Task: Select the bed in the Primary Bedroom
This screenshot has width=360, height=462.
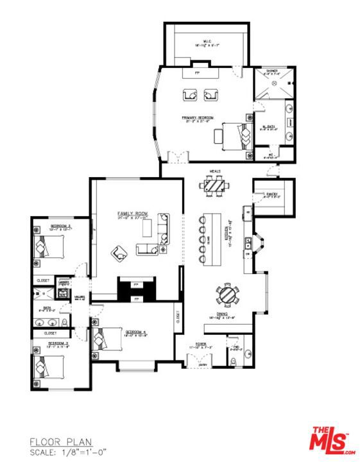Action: tap(235, 135)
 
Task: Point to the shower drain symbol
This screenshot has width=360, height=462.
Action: tap(275, 83)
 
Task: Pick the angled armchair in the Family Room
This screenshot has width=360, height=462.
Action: tap(119, 253)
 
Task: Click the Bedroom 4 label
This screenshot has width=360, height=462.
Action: tap(136, 332)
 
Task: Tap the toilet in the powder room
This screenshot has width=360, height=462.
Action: tap(233, 360)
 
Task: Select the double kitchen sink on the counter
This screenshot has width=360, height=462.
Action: tap(247, 243)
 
